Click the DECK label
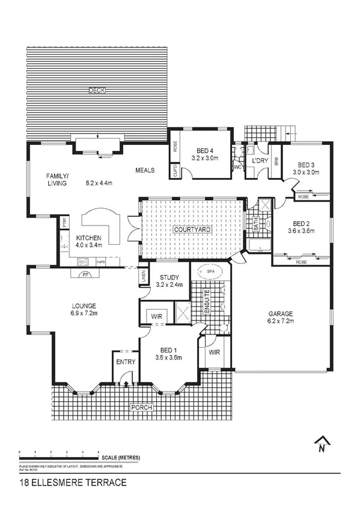(x=97, y=90)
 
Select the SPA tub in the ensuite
(x=210, y=272)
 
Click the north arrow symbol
(x=323, y=443)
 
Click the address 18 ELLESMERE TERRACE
(x=73, y=482)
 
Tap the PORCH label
(x=142, y=407)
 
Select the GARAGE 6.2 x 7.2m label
(x=281, y=318)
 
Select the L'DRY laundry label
(x=259, y=161)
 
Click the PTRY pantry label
(x=64, y=222)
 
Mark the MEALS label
(x=145, y=170)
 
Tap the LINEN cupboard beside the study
(x=144, y=277)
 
